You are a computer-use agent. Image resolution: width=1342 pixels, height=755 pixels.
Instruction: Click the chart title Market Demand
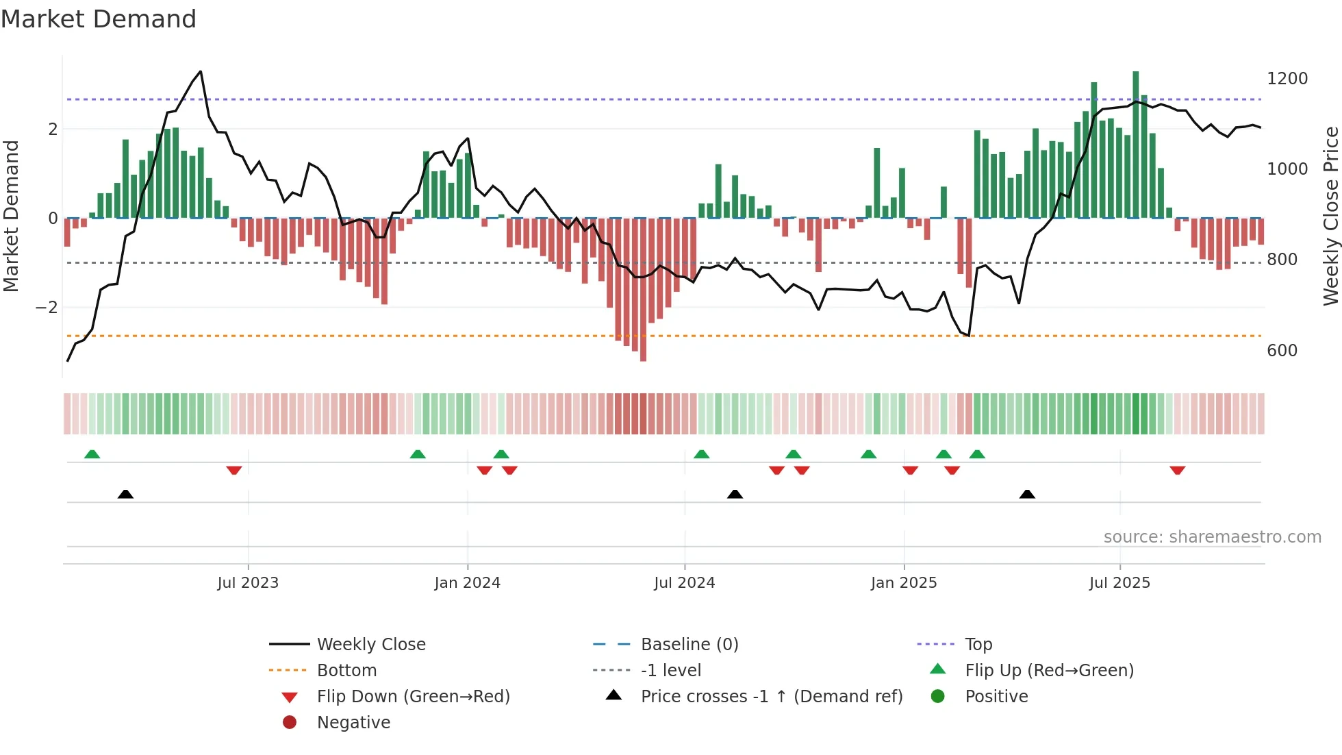[x=99, y=19]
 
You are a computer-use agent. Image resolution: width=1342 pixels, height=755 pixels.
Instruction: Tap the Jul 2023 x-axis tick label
[x=248, y=583]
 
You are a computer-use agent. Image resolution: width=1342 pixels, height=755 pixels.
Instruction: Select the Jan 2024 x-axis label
[x=467, y=583]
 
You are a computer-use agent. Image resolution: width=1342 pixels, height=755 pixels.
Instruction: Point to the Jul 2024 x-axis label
[x=684, y=583]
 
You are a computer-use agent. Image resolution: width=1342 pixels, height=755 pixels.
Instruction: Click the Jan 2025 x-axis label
[x=904, y=583]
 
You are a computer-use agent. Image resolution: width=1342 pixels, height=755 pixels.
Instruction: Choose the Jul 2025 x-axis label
[x=1119, y=583]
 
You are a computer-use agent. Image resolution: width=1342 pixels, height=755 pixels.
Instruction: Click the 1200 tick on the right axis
[x=1287, y=79]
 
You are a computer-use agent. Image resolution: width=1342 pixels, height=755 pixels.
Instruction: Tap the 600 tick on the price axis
[x=1282, y=351]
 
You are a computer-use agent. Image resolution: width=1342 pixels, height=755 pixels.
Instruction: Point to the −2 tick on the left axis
[x=47, y=308]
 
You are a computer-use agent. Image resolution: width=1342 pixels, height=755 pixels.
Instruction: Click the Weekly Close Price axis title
[x=1330, y=216]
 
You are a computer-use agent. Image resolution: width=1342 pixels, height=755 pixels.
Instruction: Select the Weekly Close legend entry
[x=370, y=645]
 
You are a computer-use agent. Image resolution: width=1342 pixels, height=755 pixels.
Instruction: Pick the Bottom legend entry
[x=346, y=671]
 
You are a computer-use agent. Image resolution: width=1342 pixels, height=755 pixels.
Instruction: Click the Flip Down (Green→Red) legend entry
[x=413, y=697]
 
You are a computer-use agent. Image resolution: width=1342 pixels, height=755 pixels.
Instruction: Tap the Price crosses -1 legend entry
[x=771, y=697]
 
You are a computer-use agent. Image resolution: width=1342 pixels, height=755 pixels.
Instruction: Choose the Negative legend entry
[x=353, y=723]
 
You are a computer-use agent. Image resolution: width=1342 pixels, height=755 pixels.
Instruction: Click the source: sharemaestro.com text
[x=1212, y=537]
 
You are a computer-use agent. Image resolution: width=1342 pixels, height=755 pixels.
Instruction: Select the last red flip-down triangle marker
[x=1177, y=470]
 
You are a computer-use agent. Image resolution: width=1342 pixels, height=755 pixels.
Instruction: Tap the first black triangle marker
[x=125, y=494]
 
